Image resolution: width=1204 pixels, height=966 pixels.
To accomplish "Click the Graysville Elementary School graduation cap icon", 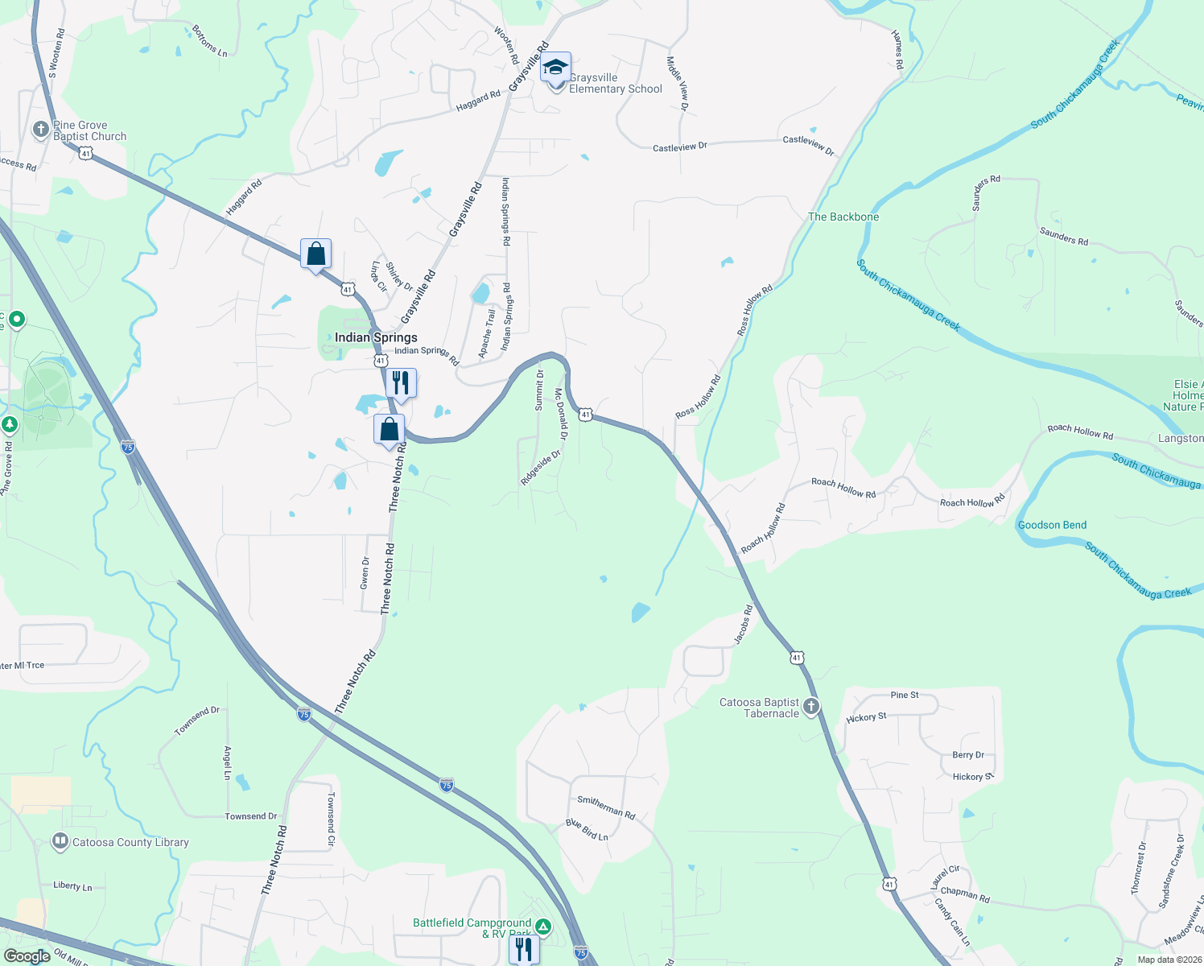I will point(555,67).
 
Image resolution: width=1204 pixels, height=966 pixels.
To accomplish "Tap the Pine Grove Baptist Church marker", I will point(41,130).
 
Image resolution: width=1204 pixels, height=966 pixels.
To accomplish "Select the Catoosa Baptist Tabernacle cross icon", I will point(811,707).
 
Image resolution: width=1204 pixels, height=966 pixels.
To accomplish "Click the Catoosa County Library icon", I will point(60,842).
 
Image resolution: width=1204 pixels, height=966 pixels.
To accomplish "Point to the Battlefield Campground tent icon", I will point(543,927).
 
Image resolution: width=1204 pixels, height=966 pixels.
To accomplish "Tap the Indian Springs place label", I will point(376,337).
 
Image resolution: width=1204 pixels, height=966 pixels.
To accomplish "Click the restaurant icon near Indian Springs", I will point(401,383).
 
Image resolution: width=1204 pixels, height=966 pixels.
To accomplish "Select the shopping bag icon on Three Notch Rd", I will point(390,429).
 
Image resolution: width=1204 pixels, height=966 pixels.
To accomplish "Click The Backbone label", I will point(843,217).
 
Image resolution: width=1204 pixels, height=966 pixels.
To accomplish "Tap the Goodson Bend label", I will point(1052,525).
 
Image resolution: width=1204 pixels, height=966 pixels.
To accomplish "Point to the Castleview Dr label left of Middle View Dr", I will point(679,147).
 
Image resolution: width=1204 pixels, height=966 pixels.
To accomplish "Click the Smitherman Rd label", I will point(606,807).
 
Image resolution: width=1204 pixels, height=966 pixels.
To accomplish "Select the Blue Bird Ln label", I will point(587,830).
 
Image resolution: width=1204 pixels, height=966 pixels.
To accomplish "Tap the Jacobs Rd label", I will point(743,624).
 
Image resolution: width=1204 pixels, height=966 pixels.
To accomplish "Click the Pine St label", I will point(905,695).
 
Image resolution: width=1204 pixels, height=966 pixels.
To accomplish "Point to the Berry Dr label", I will point(967,755).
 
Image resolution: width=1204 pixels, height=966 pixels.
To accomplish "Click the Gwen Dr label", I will point(365,572).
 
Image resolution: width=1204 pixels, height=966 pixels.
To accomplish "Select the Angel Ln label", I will point(228,762).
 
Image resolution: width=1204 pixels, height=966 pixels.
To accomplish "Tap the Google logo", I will point(27,956).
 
